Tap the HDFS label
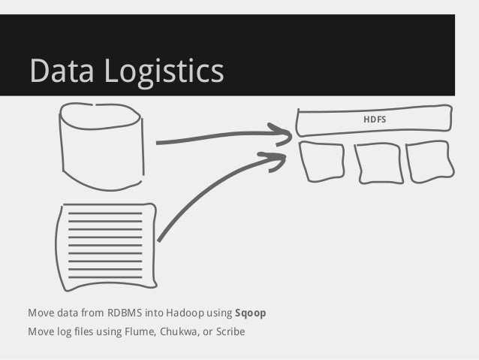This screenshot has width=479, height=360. [x=374, y=119]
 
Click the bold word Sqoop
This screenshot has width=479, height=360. [x=251, y=313]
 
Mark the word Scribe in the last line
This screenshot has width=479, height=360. [x=230, y=331]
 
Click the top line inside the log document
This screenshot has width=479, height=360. [x=105, y=214]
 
